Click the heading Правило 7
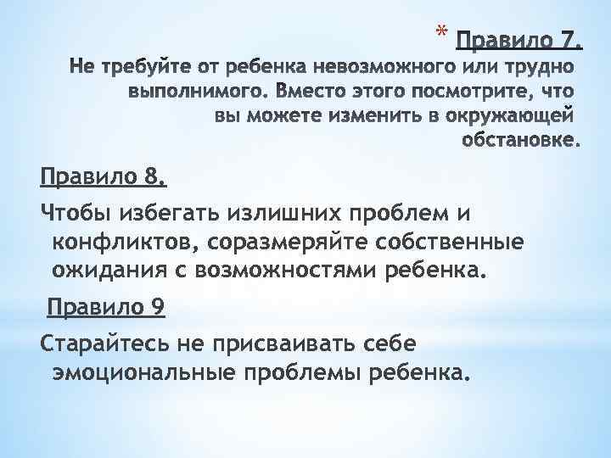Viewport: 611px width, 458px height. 519,40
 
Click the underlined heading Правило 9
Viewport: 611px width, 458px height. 106,306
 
